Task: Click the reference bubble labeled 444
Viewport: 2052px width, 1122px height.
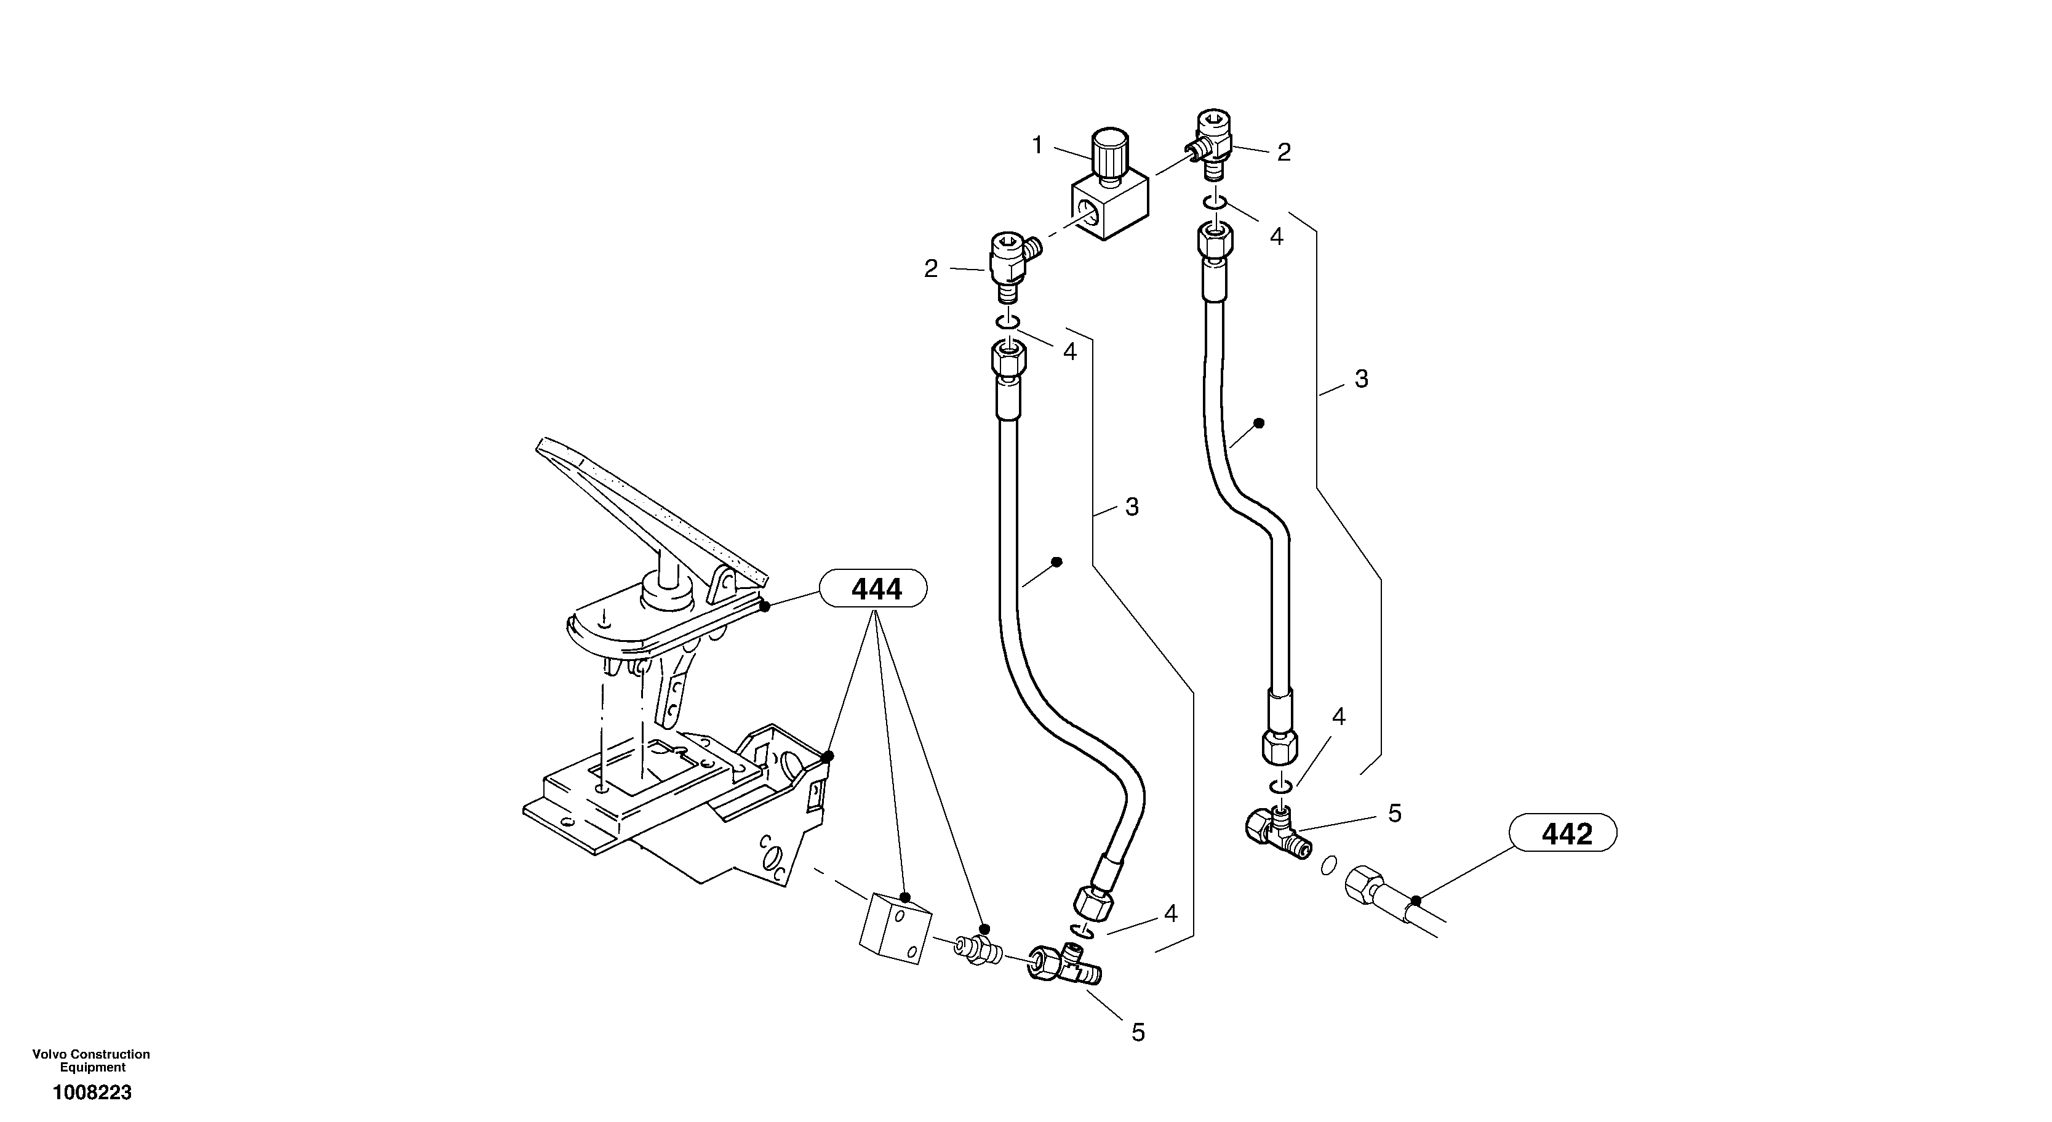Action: click(x=876, y=589)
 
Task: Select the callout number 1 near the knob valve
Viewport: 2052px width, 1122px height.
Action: click(x=1037, y=145)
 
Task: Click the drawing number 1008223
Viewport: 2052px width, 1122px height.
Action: click(x=92, y=1092)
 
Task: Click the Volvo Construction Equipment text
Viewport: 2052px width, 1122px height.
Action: click(x=91, y=1060)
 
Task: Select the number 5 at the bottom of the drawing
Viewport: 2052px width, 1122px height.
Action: click(x=1138, y=1033)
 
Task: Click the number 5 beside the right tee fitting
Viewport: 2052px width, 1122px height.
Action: click(x=1394, y=813)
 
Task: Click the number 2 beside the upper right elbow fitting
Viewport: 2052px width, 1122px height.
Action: click(x=1284, y=152)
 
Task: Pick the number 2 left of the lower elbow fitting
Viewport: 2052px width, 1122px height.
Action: click(x=930, y=270)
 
